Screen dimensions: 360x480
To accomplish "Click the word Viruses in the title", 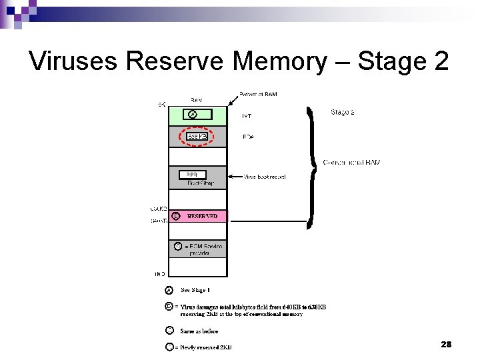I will pos(73,61).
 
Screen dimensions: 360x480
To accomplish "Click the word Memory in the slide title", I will pos(280,61).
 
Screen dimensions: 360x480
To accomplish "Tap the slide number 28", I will pos(447,344).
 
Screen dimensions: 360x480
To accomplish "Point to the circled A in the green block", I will pos(193,115).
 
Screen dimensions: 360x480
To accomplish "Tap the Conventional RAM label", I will pos(351,162).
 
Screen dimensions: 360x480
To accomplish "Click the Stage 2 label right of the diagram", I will pos(342,112).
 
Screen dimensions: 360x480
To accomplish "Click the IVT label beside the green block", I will pos(247,115).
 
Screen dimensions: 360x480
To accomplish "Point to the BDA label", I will pos(248,137).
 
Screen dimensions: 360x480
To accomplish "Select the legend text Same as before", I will pos(199,331).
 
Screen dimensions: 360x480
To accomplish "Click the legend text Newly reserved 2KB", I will pos(206,347).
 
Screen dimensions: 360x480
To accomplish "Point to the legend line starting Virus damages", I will pos(253,307).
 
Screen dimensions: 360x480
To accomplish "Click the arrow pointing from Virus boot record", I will pos(235,177).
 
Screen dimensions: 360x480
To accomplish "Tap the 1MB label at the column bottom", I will pos(160,273).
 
